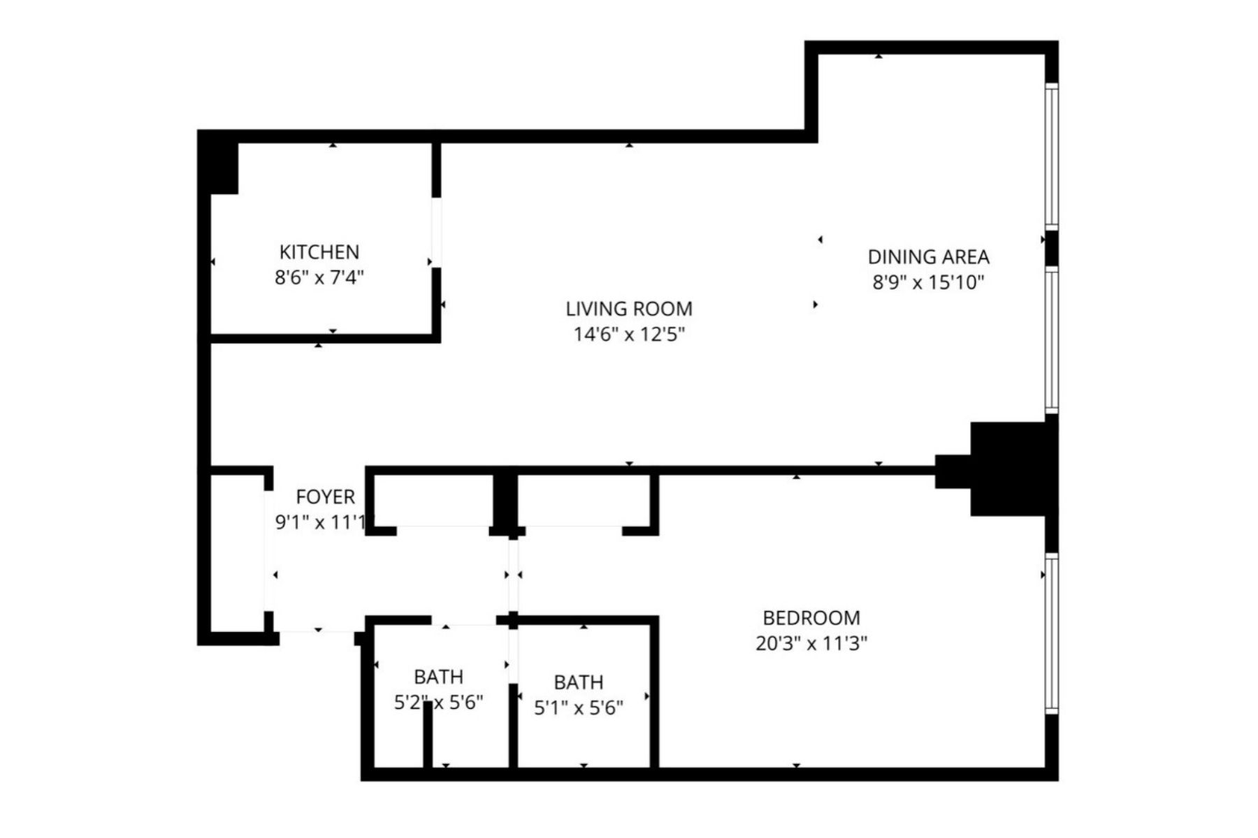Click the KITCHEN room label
[319, 251]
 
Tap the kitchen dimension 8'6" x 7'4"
[319, 278]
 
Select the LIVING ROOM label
[628, 309]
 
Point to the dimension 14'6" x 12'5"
[628, 335]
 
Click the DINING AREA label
[928, 257]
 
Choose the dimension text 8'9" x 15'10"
[928, 283]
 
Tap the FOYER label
[325, 497]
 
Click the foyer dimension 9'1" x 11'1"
[321, 522]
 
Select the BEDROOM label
[811, 617]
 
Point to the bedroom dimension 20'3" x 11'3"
[811, 643]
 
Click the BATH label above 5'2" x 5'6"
[438, 677]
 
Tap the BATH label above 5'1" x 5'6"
[578, 682]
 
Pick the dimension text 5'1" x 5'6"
[578, 708]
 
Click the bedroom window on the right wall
[1051, 633]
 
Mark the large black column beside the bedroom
[1006, 469]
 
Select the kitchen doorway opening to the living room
[436, 232]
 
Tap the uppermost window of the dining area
[1051, 156]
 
